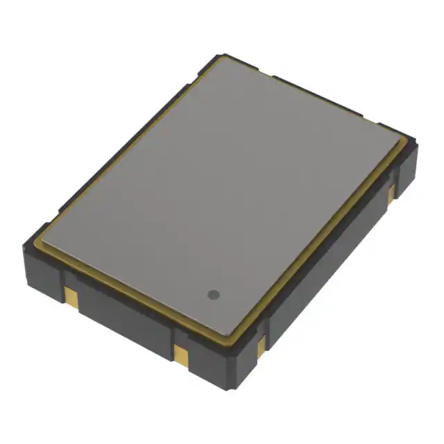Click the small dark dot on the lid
pos(214,295)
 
